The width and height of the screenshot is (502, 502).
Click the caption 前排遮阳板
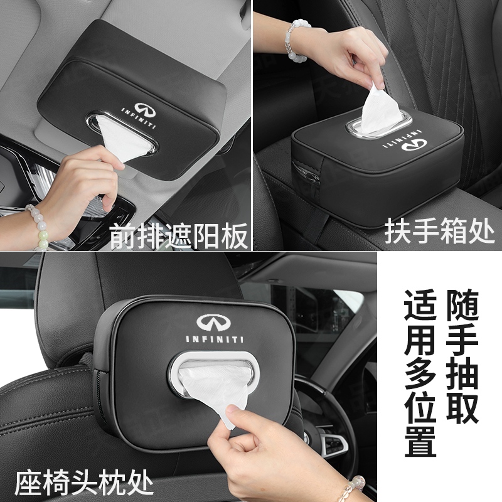[x=178, y=237]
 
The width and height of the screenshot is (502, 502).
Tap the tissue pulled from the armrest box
[x=381, y=104]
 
